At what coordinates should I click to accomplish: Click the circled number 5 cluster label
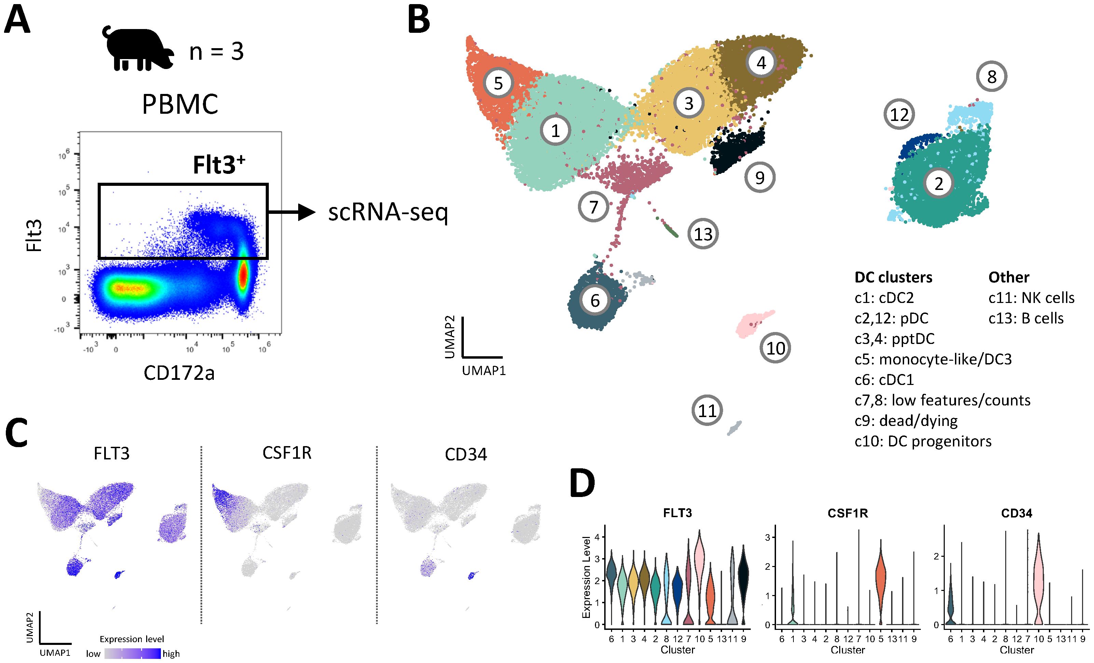498,83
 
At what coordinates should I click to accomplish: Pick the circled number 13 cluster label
703,234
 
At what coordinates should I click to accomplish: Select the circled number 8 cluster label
992,77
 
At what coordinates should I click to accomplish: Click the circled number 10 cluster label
775,348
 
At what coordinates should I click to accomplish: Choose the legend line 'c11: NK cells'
1031,298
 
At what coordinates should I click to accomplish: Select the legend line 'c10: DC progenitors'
923,441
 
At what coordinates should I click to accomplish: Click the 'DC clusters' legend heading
893,277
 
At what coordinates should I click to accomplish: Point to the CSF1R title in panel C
287,453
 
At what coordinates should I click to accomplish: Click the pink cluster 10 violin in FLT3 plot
699,555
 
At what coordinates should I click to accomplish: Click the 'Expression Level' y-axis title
586,577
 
